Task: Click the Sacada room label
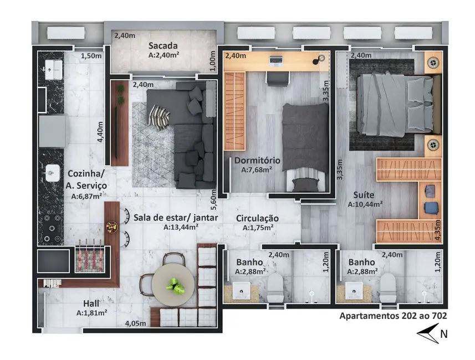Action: point(162,46)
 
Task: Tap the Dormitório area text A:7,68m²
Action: point(257,170)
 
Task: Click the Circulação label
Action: point(257,218)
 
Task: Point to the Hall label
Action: point(91,304)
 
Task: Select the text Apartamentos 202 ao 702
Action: point(393,316)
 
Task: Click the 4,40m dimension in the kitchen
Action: point(100,132)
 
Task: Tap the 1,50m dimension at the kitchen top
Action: point(92,56)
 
